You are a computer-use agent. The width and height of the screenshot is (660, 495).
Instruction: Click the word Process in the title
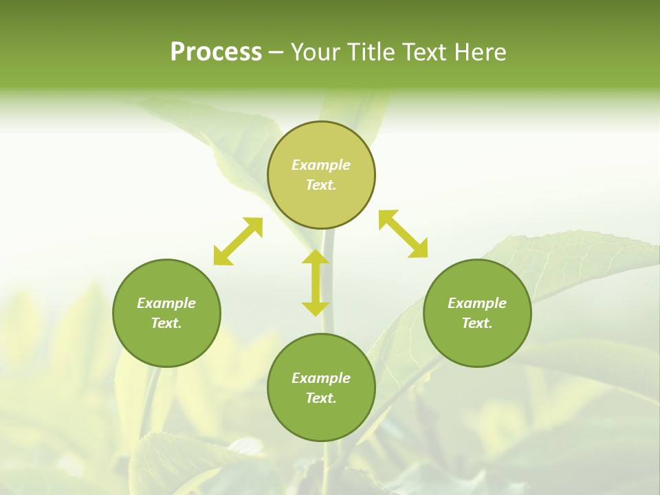click(216, 52)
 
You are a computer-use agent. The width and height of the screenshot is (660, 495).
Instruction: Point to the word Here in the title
click(481, 52)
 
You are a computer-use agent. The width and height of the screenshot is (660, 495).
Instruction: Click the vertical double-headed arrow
click(316, 283)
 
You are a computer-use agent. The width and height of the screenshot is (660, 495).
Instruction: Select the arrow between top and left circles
click(238, 241)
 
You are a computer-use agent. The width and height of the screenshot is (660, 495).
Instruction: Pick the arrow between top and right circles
click(403, 234)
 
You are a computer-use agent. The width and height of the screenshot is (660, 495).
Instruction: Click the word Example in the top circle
click(321, 165)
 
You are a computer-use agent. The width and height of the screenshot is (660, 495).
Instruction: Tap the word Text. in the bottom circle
click(321, 398)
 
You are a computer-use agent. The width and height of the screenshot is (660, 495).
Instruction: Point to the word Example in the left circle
click(166, 303)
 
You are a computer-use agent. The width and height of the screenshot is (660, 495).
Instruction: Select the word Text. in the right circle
click(477, 323)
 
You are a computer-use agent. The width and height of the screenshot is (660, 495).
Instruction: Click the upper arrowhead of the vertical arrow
click(316, 256)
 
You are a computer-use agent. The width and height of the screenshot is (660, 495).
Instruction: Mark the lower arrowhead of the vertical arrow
click(316, 309)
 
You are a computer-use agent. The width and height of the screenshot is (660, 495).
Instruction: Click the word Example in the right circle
click(477, 303)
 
